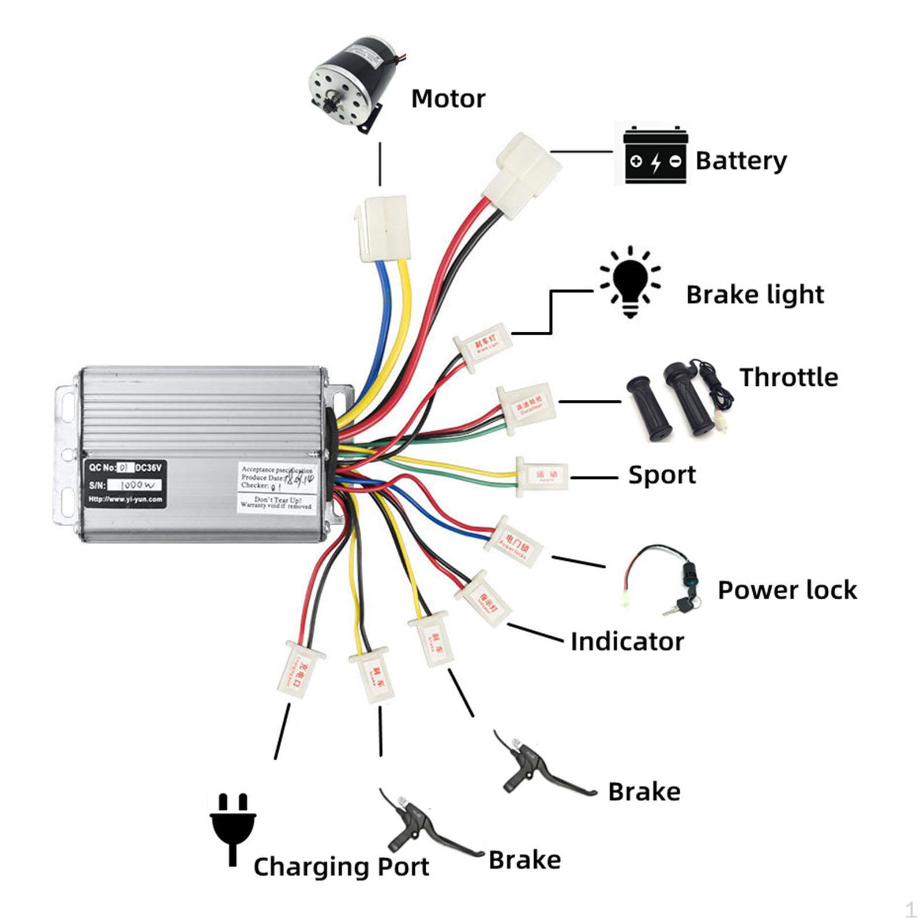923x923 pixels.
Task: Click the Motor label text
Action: (448, 99)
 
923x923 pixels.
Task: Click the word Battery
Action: (741, 160)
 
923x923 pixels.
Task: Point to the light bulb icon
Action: (630, 282)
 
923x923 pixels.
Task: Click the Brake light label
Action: (755, 295)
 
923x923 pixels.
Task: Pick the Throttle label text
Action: (789, 377)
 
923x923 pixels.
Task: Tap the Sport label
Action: (662, 475)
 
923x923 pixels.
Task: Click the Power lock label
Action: (787, 590)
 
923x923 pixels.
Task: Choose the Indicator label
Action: (627, 641)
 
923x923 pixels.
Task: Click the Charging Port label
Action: (341, 866)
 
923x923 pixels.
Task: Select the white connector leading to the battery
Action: (523, 174)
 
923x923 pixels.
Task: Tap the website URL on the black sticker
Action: (125, 500)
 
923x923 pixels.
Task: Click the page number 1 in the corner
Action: (910, 910)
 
